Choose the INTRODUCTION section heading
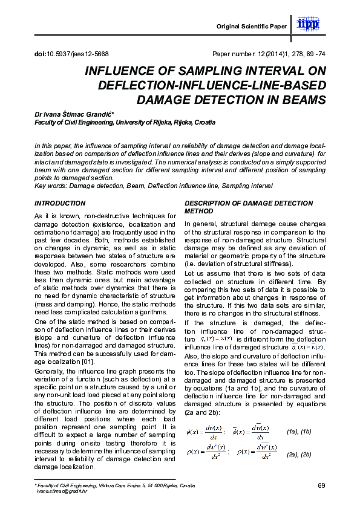(x=60, y=203)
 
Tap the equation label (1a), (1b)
(x=298, y=431)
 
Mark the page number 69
(x=321, y=486)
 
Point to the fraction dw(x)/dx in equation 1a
(x=212, y=432)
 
